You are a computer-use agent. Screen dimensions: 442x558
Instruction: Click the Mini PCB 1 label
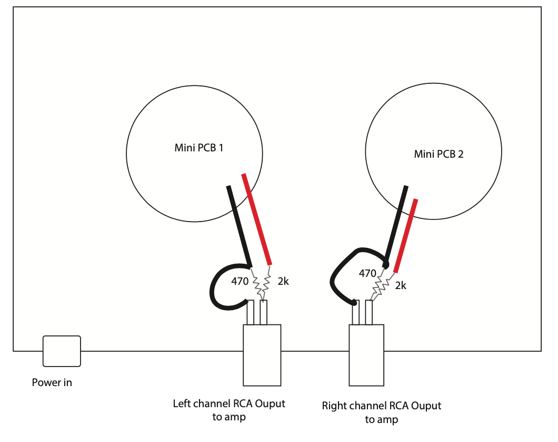(x=198, y=148)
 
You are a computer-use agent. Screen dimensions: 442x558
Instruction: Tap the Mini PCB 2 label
(x=439, y=154)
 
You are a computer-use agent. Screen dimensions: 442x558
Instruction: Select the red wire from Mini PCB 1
(x=256, y=219)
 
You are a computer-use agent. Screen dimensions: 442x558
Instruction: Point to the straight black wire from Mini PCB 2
(x=395, y=224)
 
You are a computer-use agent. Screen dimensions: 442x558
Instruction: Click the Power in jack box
(x=62, y=351)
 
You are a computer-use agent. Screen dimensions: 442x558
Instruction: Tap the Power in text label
(x=52, y=382)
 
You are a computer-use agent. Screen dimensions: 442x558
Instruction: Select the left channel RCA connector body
(x=262, y=354)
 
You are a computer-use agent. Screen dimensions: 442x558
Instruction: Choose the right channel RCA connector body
(x=367, y=354)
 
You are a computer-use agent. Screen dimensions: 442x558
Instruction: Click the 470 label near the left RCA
(x=239, y=282)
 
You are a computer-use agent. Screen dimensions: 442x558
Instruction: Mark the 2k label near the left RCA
(x=283, y=282)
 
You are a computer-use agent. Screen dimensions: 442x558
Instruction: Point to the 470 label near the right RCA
(x=367, y=273)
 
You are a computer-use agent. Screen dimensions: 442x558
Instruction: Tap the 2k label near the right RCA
(x=401, y=285)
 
